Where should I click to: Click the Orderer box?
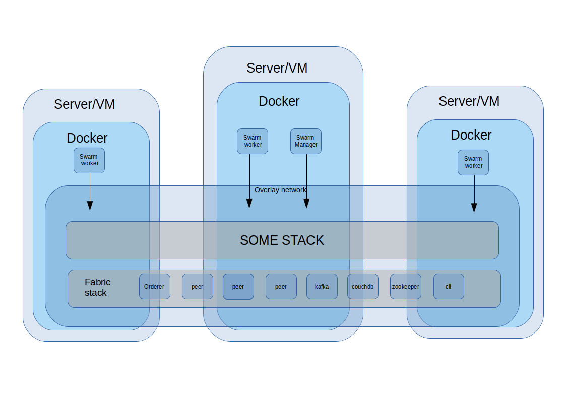pos(154,286)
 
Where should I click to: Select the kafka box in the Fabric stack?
pos(322,286)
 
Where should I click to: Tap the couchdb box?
pos(362,286)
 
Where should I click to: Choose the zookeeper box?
pos(405,286)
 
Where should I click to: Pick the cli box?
pos(448,286)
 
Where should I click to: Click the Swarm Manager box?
pos(305,141)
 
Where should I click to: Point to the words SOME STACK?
pos(282,240)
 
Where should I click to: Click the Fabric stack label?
pos(97,287)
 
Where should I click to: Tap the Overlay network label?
pos(280,190)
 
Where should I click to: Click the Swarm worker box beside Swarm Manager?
pos(252,141)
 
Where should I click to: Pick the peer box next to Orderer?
pos(197,286)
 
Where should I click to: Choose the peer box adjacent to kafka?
pos(281,286)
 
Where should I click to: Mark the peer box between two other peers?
pos(238,286)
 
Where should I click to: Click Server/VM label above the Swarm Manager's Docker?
pos(277,68)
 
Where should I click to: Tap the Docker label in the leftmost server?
pos(87,138)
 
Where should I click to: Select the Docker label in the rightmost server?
pos(471,135)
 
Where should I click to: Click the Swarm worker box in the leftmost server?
pos(89,160)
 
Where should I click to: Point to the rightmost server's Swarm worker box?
pos(473,162)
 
